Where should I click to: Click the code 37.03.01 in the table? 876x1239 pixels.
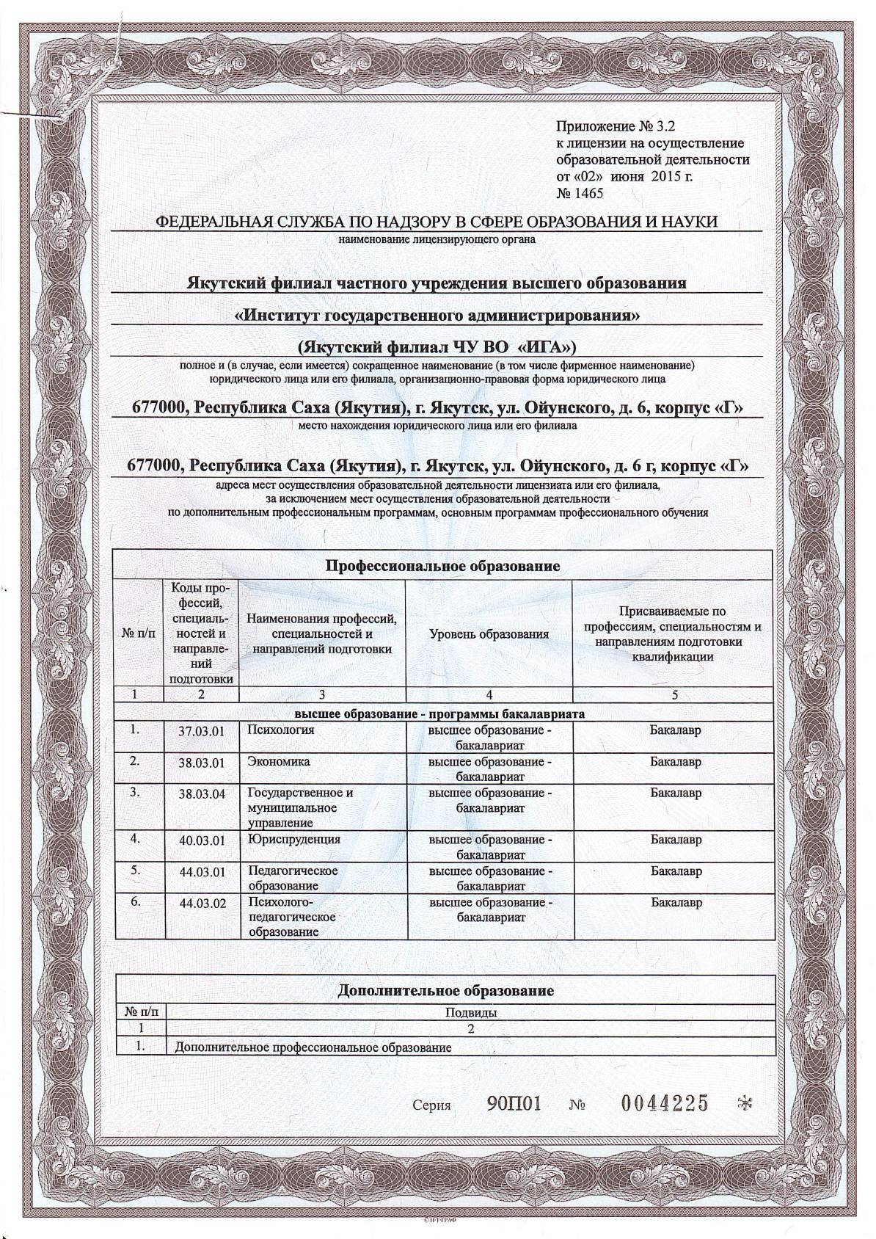[x=201, y=731]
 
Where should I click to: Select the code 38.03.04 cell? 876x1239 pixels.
[x=201, y=794]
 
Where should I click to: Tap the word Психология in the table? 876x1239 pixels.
[x=281, y=730]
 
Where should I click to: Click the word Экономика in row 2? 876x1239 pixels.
[x=279, y=761]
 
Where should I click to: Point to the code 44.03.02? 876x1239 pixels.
[x=201, y=904]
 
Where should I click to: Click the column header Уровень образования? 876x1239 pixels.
[x=489, y=634]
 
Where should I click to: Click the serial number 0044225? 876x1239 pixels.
[x=665, y=1102]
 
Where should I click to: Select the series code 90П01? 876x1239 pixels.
[x=514, y=1103]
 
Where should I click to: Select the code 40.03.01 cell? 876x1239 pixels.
[x=201, y=841]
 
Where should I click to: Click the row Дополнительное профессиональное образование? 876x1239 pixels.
[x=313, y=1048]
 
